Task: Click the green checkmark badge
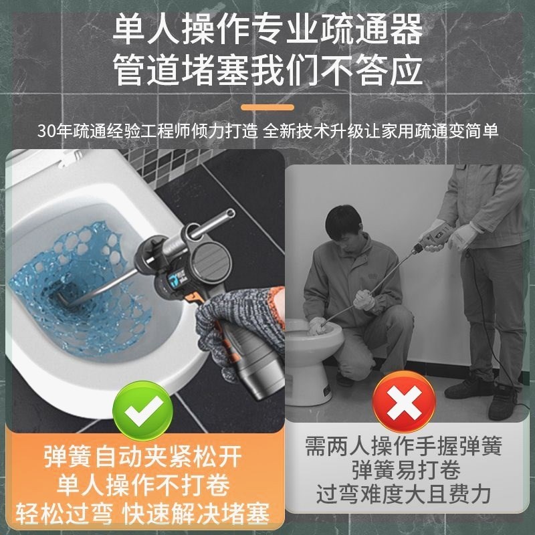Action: [x=142, y=406]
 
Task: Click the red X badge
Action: [x=404, y=403]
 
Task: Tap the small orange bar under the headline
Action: [x=267, y=107]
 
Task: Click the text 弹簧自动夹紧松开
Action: [x=142, y=458]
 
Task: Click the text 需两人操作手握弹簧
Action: [x=403, y=445]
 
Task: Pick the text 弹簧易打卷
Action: [x=403, y=469]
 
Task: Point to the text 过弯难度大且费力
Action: [x=403, y=495]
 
